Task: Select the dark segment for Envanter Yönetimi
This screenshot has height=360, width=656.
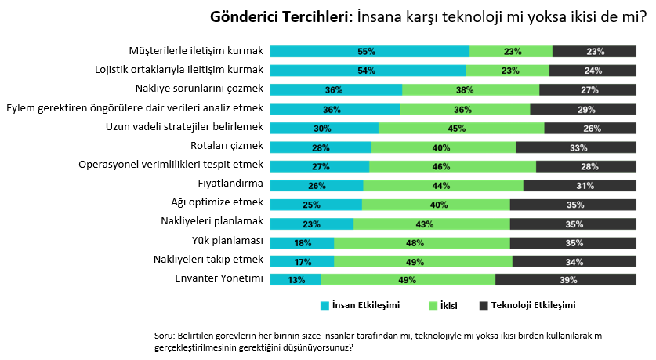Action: tap(565, 279)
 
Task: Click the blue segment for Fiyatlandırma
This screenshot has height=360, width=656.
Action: tap(317, 184)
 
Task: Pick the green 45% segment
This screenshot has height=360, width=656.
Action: tap(461, 127)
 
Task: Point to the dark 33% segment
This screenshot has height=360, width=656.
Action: tap(575, 146)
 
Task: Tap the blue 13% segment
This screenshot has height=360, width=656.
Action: tap(295, 279)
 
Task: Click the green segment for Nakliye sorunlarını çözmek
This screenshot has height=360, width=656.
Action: tap(470, 89)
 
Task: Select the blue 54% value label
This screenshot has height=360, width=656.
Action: tap(366, 71)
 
